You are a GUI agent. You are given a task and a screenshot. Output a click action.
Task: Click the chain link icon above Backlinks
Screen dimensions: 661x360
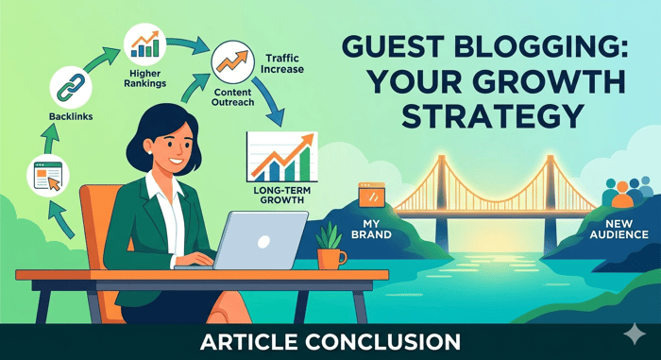pyautogui.click(x=71, y=88)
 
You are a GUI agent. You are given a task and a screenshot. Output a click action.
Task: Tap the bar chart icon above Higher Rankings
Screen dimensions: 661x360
pyautogui.click(x=144, y=44)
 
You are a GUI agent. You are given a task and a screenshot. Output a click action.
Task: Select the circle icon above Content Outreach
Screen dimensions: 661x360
pyautogui.click(x=232, y=62)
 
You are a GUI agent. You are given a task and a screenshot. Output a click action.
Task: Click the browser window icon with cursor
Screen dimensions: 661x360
pyautogui.click(x=48, y=176)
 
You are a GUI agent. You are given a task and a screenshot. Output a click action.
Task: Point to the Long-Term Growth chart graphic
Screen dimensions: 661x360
pyautogui.click(x=281, y=157)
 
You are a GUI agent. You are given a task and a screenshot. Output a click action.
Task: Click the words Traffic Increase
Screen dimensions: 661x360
pyautogui.click(x=282, y=63)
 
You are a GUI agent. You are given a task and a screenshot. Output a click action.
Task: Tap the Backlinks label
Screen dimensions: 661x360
pyautogui.click(x=71, y=116)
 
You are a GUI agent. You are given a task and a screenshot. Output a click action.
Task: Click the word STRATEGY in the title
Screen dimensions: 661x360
pyautogui.click(x=492, y=115)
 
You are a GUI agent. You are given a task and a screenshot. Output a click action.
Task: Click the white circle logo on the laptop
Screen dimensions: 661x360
pyautogui.click(x=263, y=242)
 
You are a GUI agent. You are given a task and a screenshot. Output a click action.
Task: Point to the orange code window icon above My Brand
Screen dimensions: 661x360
pyautogui.click(x=371, y=195)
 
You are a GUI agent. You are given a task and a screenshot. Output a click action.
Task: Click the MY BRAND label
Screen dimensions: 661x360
pyautogui.click(x=371, y=229)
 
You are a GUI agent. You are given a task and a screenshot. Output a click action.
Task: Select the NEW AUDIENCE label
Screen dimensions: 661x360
pyautogui.click(x=619, y=229)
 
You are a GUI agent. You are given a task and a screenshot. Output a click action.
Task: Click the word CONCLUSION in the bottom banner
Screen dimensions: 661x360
pyautogui.click(x=382, y=342)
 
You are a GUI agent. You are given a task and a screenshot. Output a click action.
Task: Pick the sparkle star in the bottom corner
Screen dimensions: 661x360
pyautogui.click(x=635, y=334)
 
